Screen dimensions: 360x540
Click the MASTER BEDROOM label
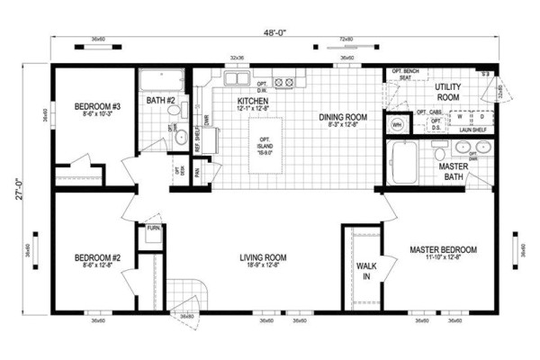[443, 249]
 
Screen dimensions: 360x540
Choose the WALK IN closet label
[365, 271]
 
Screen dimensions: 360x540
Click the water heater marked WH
[395, 125]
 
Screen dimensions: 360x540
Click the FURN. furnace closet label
[152, 229]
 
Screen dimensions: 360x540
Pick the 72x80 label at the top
[345, 40]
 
